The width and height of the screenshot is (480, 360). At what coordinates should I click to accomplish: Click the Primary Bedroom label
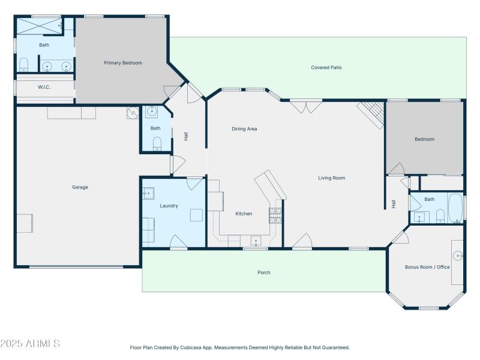[123, 62]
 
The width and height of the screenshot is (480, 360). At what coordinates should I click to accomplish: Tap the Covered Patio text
[326, 68]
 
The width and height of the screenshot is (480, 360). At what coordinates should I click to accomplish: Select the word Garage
[80, 187]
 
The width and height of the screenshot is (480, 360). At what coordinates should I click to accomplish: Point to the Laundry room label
[169, 206]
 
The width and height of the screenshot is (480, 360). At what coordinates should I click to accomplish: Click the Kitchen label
[244, 214]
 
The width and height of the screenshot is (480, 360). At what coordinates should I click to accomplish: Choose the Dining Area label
[244, 128]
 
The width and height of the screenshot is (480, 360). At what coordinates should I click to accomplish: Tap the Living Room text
[331, 178]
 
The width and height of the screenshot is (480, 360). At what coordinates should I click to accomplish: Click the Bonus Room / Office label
[427, 267]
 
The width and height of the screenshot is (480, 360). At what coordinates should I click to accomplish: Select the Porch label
[264, 272]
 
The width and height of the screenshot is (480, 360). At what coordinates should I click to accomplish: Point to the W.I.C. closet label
[44, 87]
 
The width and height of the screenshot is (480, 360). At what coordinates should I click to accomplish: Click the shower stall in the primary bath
[39, 26]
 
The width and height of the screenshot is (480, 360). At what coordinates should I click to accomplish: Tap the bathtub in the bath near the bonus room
[455, 208]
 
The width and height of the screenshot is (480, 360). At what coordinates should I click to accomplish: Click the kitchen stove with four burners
[275, 215]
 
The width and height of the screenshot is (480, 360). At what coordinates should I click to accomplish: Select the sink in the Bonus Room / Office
[458, 256]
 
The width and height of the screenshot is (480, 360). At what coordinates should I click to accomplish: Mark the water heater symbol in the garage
[132, 113]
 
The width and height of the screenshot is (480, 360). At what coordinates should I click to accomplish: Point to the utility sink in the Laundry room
[148, 193]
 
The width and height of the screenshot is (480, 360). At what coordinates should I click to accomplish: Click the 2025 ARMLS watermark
[30, 344]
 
